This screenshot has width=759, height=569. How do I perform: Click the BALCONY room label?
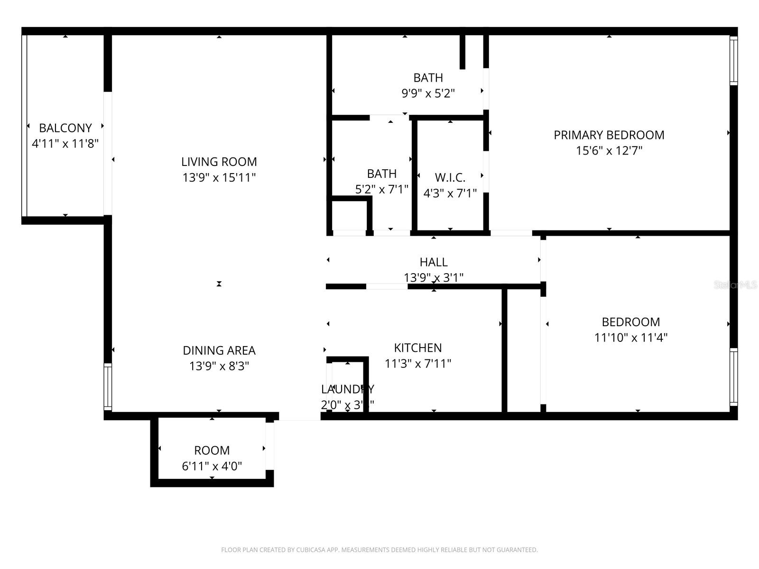click(x=65, y=128)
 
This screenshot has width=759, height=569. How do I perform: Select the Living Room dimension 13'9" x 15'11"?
click(x=219, y=178)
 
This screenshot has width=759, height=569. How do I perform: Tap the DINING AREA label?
click(x=219, y=350)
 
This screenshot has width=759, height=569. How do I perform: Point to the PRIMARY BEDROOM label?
click(x=609, y=135)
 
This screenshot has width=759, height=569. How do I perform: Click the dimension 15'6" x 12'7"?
click(x=609, y=151)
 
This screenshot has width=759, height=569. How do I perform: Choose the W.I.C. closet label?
click(x=450, y=178)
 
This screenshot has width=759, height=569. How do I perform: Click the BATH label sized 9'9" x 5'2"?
click(x=428, y=78)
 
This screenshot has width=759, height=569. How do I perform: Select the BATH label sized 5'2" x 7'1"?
click(x=381, y=174)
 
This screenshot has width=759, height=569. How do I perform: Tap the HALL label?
click(x=433, y=262)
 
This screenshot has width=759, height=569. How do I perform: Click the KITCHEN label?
click(x=417, y=348)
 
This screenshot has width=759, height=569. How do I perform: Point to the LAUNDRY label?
click(x=347, y=389)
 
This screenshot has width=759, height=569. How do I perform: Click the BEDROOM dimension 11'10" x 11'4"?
click(x=630, y=338)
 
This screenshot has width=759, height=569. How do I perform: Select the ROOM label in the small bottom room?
click(x=212, y=450)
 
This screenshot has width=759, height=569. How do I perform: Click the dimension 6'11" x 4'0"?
click(x=212, y=466)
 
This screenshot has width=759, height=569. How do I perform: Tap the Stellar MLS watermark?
click(x=735, y=285)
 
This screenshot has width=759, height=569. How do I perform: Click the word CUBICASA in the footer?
click(x=311, y=550)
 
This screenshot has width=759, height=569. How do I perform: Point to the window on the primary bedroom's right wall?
click(x=733, y=61)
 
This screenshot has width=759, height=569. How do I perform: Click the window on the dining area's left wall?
click(x=108, y=387)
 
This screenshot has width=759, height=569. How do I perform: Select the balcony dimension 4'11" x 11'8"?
click(x=65, y=144)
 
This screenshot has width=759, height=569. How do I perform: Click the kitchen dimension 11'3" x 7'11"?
click(x=417, y=364)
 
